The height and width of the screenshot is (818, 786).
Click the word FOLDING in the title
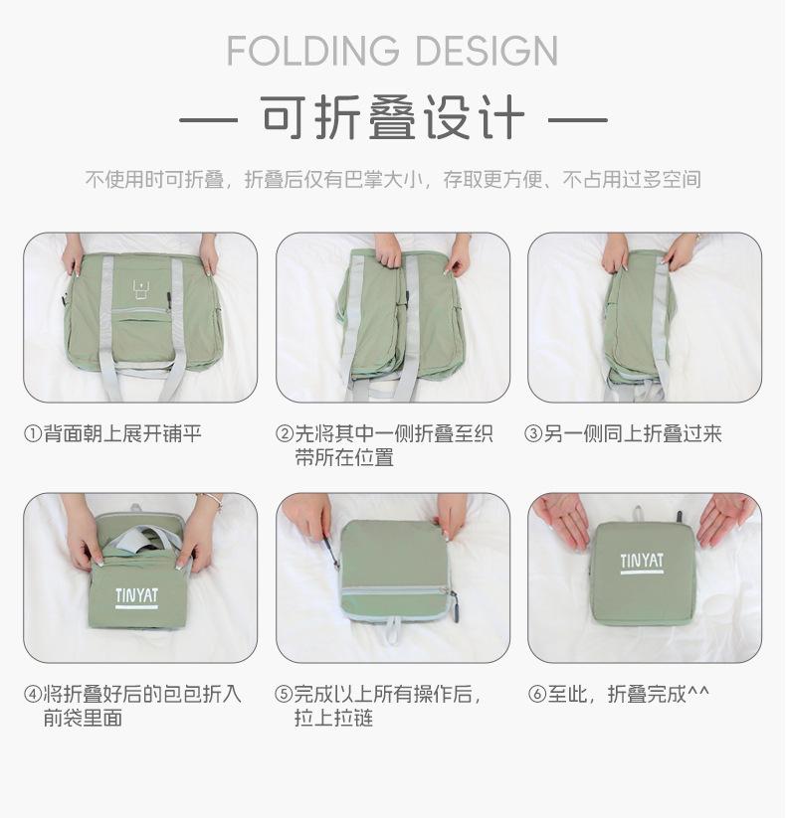tap(312, 51)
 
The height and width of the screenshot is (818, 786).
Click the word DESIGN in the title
tap(487, 51)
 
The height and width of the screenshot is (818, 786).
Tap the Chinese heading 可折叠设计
tap(393, 118)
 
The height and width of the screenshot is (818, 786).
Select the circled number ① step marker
tap(33, 433)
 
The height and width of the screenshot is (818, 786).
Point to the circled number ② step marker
tap(285, 433)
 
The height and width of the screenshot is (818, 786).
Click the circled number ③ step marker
tap(533, 433)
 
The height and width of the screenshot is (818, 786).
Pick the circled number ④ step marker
tap(33, 695)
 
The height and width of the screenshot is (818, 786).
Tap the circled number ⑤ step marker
tap(284, 695)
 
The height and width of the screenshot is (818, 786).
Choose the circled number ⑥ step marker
tap(537, 695)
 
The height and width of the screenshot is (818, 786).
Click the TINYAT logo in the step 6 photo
tap(642, 564)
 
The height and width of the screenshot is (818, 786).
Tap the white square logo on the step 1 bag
tap(141, 290)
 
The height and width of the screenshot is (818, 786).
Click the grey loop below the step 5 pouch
tap(393, 630)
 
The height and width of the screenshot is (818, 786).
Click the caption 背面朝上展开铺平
tap(122, 433)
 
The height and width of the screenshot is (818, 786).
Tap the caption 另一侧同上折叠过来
tap(633, 433)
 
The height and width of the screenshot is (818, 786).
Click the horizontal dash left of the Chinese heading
tap(208, 120)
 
